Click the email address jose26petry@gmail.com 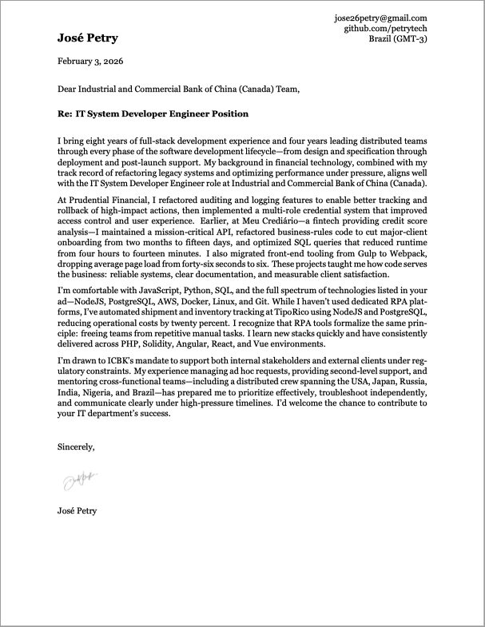coord(381,18)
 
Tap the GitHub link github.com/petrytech coord(385,28)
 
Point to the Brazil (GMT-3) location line coord(397,39)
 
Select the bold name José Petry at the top coord(87,38)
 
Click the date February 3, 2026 coord(90,62)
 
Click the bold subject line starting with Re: coord(153,114)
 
